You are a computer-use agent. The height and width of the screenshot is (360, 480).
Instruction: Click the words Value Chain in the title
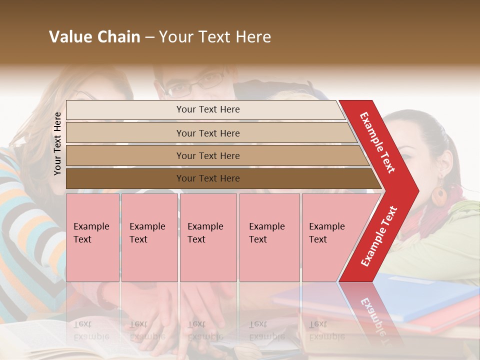(94, 37)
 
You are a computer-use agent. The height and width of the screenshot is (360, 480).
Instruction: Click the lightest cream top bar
(207, 109)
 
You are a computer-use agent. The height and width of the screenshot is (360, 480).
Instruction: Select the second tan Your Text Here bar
(207, 133)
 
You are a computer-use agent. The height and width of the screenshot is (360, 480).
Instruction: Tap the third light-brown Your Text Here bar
(207, 155)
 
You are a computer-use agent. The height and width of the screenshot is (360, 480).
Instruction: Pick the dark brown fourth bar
(207, 178)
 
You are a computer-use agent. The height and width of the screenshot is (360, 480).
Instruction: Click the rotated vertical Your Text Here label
(57, 143)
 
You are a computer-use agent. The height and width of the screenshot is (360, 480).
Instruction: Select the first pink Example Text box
(92, 237)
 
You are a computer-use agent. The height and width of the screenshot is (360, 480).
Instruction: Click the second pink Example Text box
(149, 237)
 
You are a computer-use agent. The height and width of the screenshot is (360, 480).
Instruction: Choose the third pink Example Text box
(207, 237)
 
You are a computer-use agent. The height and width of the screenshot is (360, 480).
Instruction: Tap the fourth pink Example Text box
(269, 237)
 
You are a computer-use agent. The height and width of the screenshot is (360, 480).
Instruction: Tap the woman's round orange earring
(439, 196)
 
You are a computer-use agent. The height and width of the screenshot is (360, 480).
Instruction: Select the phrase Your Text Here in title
(214, 37)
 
